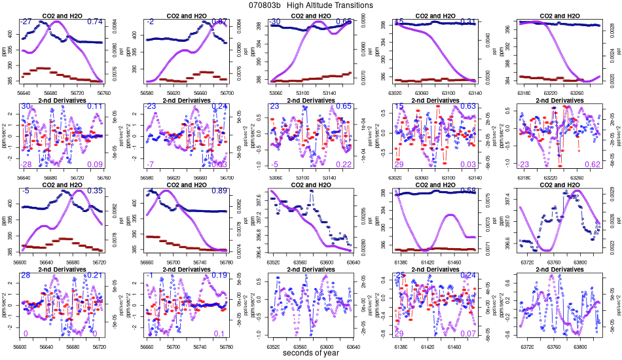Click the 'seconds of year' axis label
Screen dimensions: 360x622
pyautogui.click(x=310, y=353)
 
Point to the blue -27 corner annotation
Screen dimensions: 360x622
pyautogui.click(x=27, y=22)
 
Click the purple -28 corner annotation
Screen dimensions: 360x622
pyautogui.click(x=27, y=183)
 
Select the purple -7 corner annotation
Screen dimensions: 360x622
pyautogui.click(x=151, y=183)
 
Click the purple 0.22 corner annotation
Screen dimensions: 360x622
pyautogui.click(x=344, y=183)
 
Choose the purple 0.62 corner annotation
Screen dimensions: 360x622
pyautogui.click(x=593, y=183)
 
